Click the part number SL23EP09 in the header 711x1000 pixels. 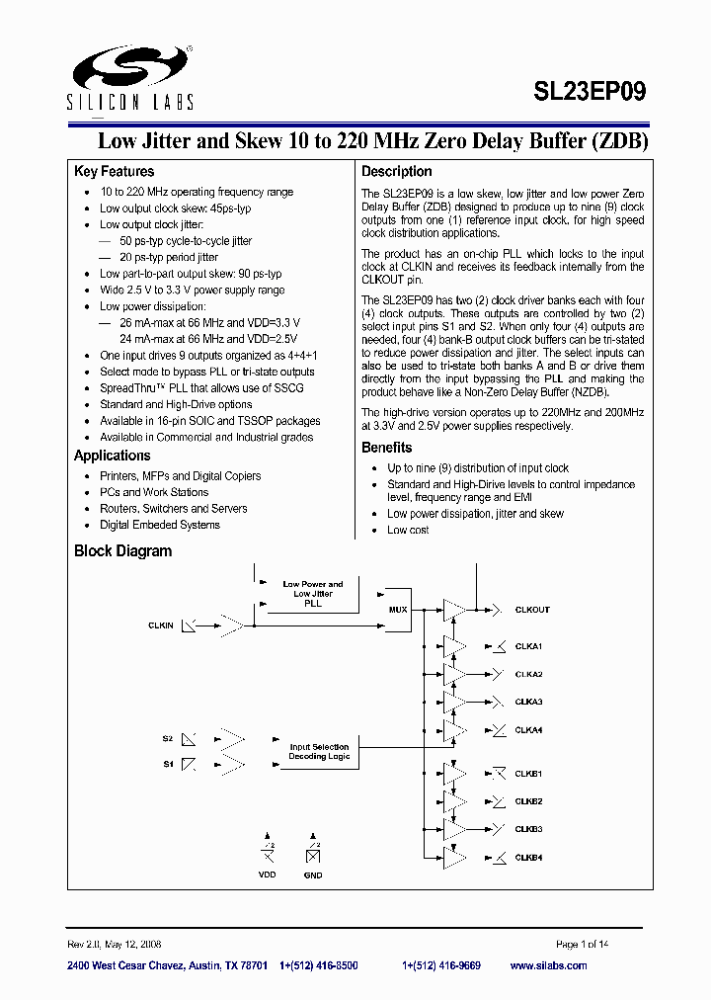[x=590, y=92]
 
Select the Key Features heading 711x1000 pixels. [x=114, y=171]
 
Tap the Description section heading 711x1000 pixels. [x=396, y=171]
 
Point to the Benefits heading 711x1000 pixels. [x=386, y=448]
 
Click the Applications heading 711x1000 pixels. [x=112, y=456]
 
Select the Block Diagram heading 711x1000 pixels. [x=122, y=551]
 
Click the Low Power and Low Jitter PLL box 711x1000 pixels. [x=312, y=594]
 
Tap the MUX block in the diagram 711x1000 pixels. [x=397, y=610]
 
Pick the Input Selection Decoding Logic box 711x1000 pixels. [x=319, y=752]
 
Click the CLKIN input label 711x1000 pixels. [x=160, y=625]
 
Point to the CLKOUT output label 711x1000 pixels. [x=532, y=610]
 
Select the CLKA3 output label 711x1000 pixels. [x=528, y=702]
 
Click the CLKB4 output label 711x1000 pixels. [x=528, y=858]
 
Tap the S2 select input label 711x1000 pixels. [x=167, y=738]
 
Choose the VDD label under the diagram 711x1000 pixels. [x=267, y=875]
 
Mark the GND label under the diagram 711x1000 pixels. [x=313, y=875]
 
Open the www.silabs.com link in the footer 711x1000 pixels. [x=548, y=965]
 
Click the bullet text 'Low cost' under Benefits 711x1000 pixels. [x=408, y=531]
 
